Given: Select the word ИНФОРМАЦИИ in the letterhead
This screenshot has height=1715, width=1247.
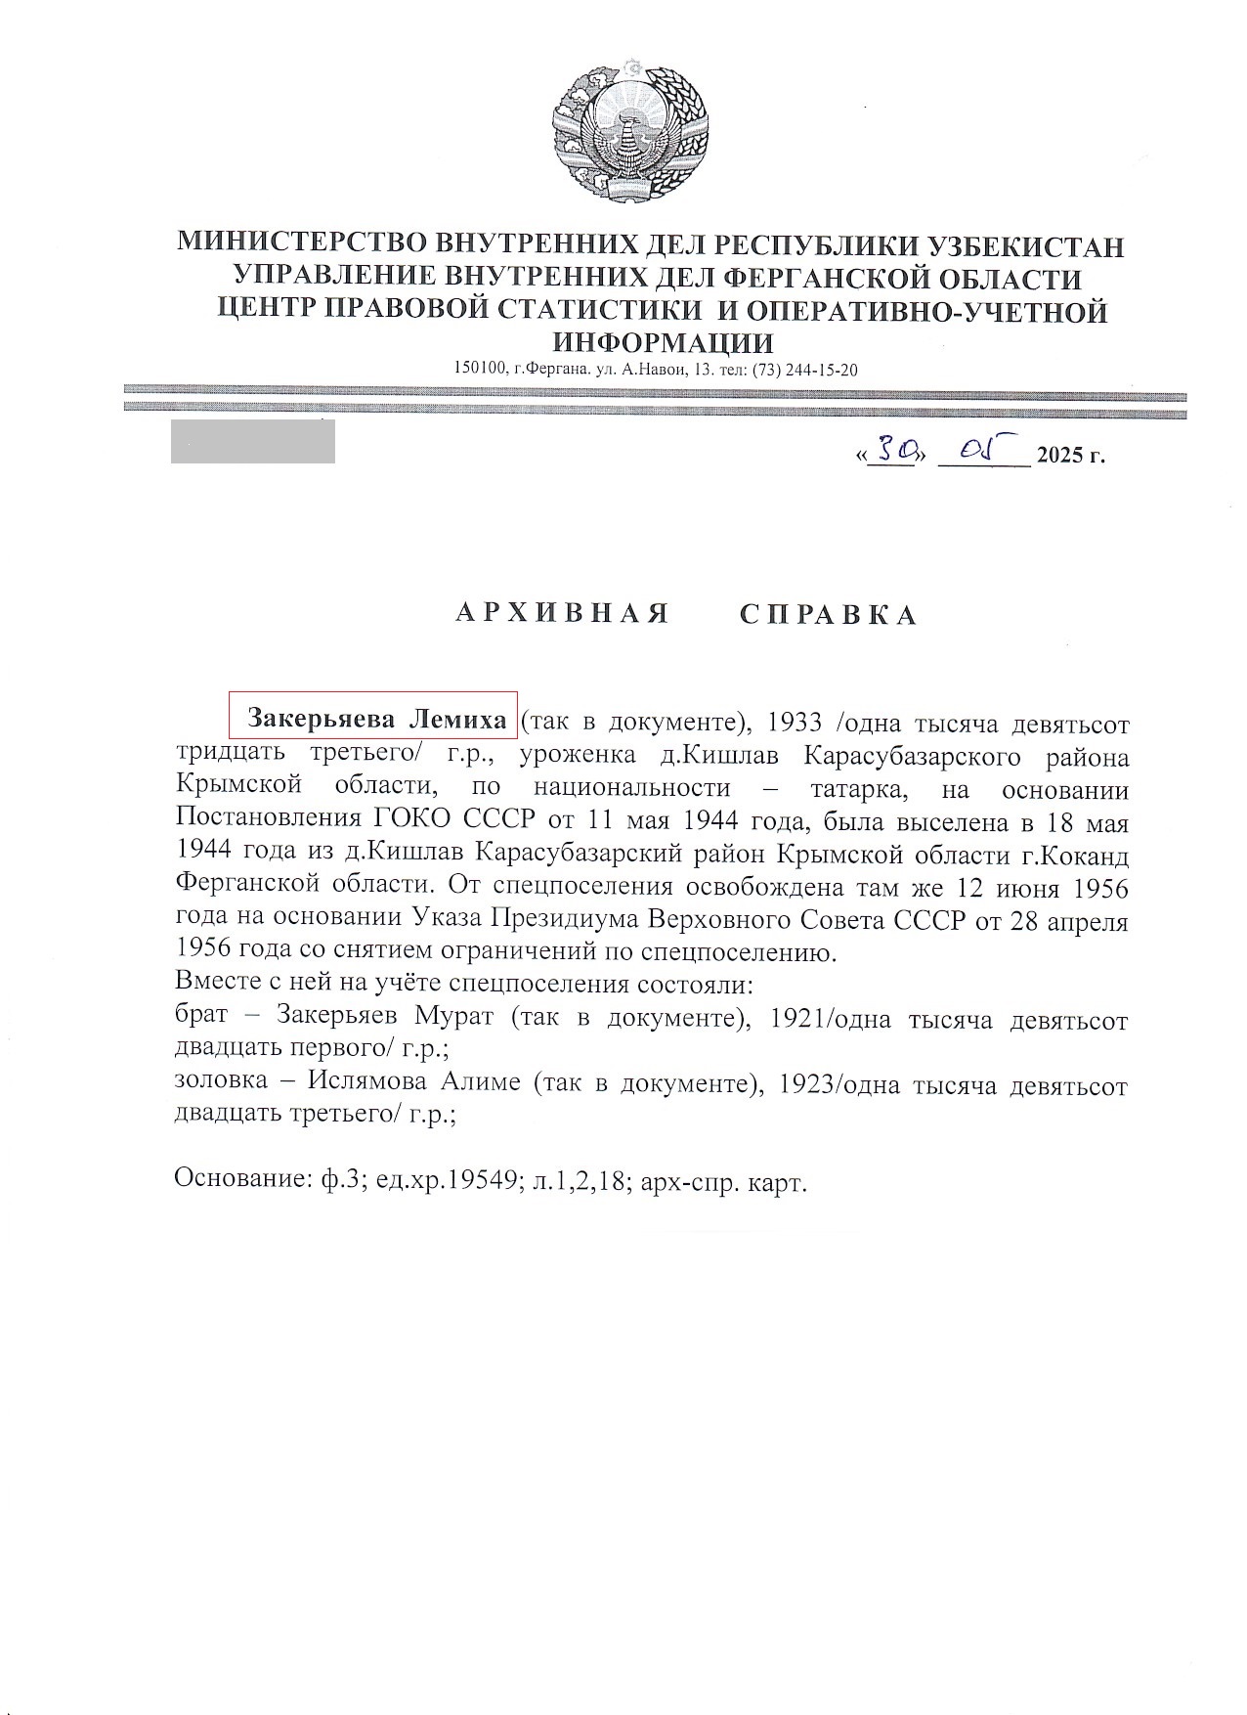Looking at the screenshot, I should coord(664,342).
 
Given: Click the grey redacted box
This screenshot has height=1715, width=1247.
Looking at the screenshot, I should coord(252,441).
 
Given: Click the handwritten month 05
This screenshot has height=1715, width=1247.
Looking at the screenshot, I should coord(981,451).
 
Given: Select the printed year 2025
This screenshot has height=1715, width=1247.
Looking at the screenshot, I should coord(1059,456).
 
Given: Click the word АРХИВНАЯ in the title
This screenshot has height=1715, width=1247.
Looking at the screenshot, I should coord(563,614).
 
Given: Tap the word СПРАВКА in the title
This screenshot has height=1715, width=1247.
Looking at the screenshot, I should coord(829,614).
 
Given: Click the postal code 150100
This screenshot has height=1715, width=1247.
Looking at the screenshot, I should coord(479,370).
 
